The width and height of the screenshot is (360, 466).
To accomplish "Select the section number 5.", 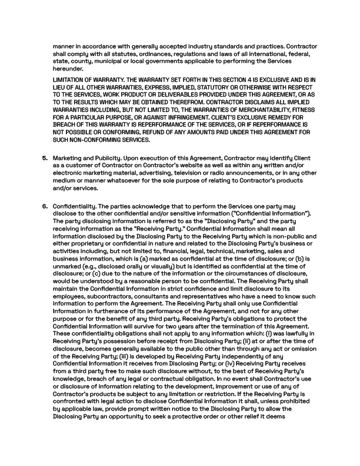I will coord(45,158).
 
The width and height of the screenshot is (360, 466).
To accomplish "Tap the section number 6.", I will coord(45,207).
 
